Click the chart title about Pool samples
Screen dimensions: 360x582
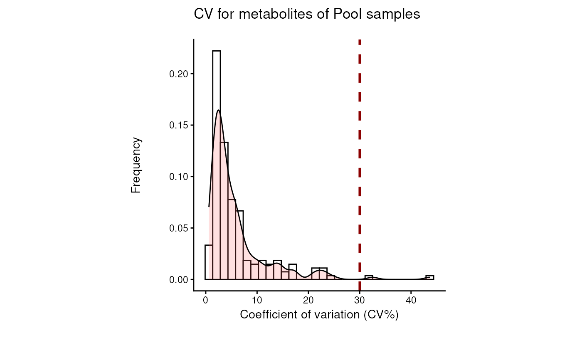coord(307,15)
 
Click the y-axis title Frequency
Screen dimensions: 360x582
coord(136,165)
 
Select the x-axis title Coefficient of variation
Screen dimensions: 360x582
coord(319,315)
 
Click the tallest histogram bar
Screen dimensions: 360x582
coord(217,166)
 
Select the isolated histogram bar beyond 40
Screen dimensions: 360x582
coord(430,278)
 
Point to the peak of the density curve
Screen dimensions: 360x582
coord(219,110)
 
